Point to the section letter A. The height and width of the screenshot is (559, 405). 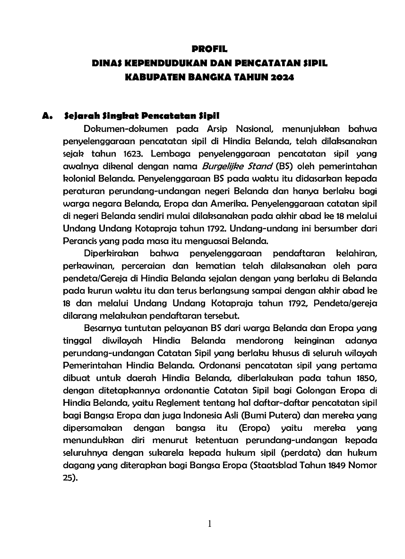[46, 115]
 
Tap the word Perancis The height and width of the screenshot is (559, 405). [80, 240]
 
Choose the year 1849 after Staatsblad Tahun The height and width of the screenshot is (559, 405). [336, 465]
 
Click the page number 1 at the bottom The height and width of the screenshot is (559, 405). [209, 524]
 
